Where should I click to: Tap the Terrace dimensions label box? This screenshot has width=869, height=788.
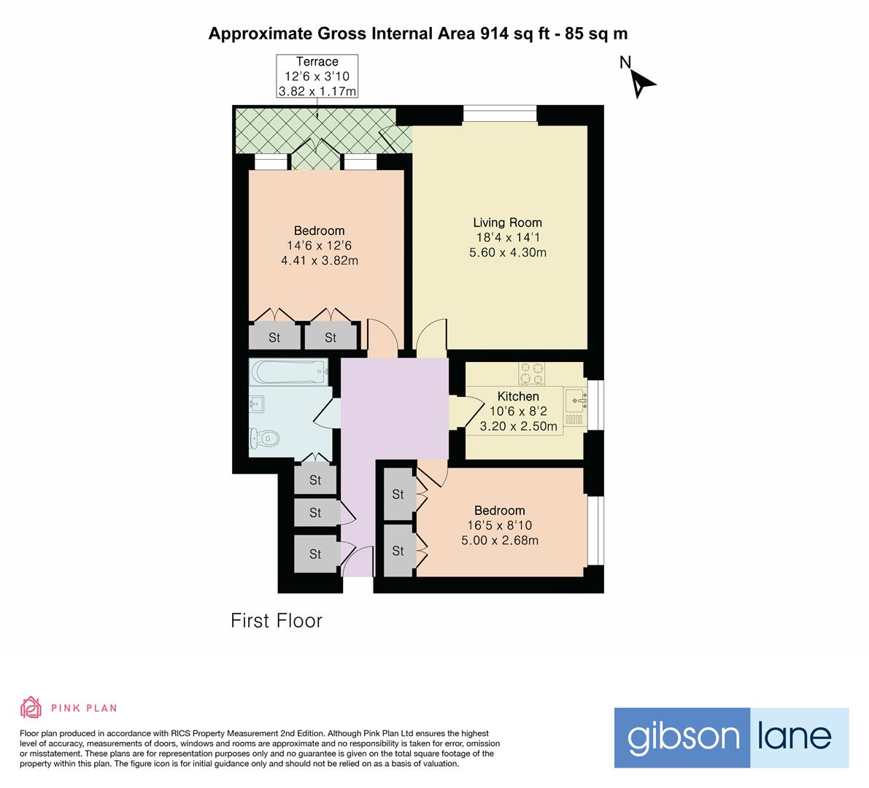click(317, 77)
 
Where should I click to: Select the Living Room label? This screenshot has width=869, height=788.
click(507, 223)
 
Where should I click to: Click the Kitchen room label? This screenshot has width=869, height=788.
click(518, 396)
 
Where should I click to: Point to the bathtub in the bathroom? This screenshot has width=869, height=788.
click(288, 371)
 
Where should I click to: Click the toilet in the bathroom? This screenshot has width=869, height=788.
click(264, 439)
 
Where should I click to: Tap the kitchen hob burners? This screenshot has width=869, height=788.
click(532, 374)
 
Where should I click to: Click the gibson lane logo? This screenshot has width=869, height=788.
click(731, 737)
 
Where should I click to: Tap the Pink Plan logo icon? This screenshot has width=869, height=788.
click(31, 707)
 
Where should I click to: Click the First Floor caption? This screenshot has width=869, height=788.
click(277, 621)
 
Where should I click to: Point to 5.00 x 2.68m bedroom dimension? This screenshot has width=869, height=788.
click(500, 541)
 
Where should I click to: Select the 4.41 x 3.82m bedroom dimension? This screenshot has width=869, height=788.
click(320, 260)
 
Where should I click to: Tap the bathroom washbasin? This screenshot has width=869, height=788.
click(257, 403)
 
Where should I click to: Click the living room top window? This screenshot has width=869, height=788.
click(500, 114)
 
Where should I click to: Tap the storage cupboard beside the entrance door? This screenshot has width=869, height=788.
click(315, 555)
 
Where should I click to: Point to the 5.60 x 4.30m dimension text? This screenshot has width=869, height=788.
click(507, 253)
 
